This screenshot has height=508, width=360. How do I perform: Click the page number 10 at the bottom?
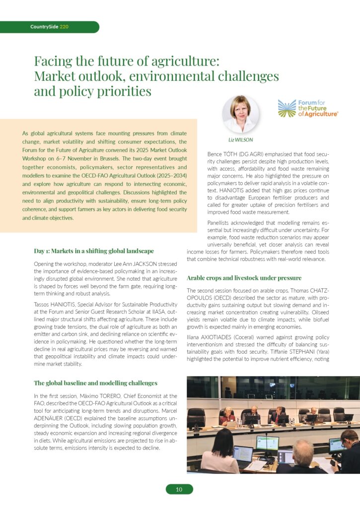(179, 490)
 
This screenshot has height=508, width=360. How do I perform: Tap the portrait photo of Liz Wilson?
(240, 114)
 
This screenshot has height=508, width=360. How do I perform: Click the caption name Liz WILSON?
(240, 140)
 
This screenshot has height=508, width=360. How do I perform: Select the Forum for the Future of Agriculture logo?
(308, 108)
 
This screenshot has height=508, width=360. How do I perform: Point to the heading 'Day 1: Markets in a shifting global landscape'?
(93, 251)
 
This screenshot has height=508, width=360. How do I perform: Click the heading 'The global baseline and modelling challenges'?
(95, 383)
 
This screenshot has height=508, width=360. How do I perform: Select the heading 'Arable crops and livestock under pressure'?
(244, 278)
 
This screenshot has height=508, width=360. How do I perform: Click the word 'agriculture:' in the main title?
(191, 62)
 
